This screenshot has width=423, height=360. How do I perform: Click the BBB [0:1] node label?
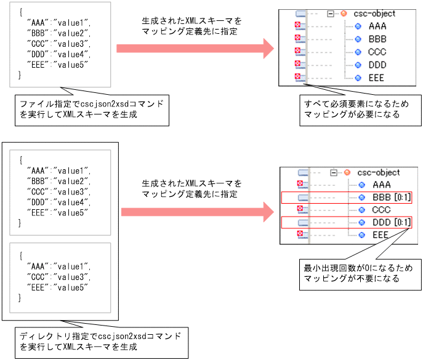(390, 197)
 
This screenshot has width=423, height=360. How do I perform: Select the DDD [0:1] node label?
(390, 222)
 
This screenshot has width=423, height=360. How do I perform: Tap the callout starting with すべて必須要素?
(360, 110)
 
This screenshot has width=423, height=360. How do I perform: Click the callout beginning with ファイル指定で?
(91, 109)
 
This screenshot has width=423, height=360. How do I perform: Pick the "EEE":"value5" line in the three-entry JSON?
(59, 287)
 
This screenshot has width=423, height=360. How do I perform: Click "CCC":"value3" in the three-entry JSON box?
(59, 277)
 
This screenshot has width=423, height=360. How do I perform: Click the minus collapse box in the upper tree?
(332, 13)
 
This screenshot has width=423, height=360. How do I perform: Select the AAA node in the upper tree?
(377, 26)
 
